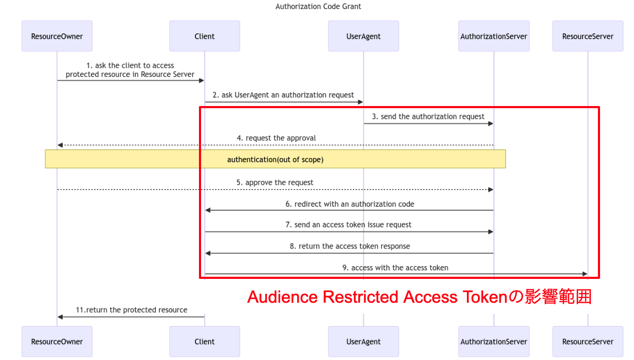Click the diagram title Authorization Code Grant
(x=318, y=7)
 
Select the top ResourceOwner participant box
(x=57, y=36)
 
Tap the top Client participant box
(x=204, y=36)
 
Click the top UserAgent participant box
(x=363, y=36)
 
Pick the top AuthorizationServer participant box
(x=493, y=36)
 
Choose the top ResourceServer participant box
(x=587, y=36)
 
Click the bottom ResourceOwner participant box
(x=57, y=341)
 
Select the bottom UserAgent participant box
(x=363, y=341)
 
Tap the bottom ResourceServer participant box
(x=587, y=341)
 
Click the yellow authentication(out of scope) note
(x=275, y=159)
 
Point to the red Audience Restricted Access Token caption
(x=419, y=297)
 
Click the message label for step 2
(x=283, y=95)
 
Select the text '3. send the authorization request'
(x=428, y=117)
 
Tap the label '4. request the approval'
(x=276, y=138)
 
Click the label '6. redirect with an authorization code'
(x=350, y=204)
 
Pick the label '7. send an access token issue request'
(x=349, y=224)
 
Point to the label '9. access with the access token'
(x=395, y=268)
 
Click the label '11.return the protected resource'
(x=131, y=310)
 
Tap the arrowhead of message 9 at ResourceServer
(x=585, y=274)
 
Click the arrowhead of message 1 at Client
(x=202, y=81)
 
